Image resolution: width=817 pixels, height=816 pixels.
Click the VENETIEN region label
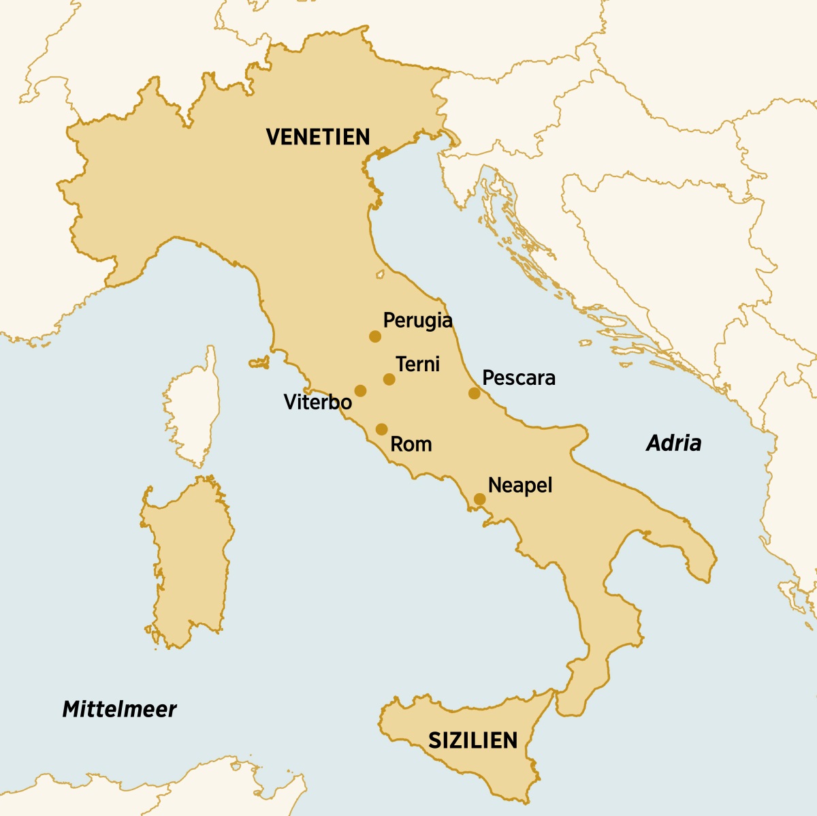point(318,137)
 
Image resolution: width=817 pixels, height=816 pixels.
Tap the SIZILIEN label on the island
point(472,740)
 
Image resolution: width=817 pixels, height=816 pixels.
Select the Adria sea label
point(673,443)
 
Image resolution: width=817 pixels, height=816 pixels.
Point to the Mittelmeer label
point(119,709)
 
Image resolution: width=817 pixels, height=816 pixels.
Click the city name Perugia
point(417,320)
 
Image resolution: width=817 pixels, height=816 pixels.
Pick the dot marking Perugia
point(374,336)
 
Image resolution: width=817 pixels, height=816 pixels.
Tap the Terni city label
point(417,364)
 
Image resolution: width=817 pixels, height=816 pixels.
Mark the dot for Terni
point(389,379)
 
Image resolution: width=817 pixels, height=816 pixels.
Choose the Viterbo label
point(317,402)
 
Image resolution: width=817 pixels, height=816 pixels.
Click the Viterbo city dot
point(360,391)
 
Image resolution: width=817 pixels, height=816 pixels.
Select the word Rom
point(411,445)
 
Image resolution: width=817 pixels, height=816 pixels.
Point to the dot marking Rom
point(381,429)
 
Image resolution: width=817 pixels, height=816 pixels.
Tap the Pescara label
point(518,378)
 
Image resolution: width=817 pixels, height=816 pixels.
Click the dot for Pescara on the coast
point(474,393)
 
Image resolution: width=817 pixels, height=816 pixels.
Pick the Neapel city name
point(520,486)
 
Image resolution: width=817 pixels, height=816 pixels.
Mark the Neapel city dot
point(479,499)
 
